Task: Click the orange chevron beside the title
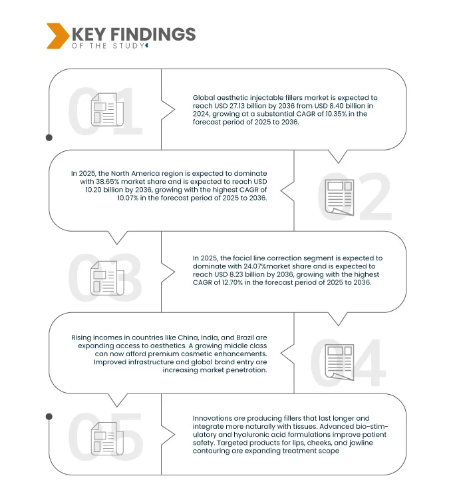[x=58, y=36]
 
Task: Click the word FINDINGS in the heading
[x=153, y=34]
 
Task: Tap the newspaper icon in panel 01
[x=107, y=109]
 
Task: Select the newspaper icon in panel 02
[x=339, y=197]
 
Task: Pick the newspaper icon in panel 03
[x=107, y=278]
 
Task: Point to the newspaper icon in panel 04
[x=339, y=362]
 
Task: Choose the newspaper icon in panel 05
[x=107, y=439]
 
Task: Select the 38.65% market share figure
[x=108, y=182]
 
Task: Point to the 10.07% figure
[x=128, y=198]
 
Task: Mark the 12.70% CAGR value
[x=232, y=282]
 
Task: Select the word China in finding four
[x=188, y=338]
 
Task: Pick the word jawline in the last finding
[x=361, y=443]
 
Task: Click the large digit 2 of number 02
[x=376, y=197]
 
